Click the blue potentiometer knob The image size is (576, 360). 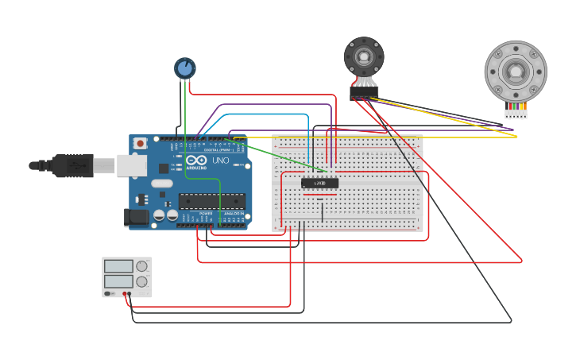pyautogui.click(x=184, y=68)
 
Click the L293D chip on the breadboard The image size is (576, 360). pyautogui.click(x=319, y=184)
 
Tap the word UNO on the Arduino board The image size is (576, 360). pyautogui.click(x=221, y=161)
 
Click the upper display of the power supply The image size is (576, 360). pyautogui.click(x=118, y=266)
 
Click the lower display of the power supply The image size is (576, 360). pyautogui.click(x=118, y=281)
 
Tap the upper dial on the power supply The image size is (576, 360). pyautogui.click(x=141, y=266)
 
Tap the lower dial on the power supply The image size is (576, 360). pyautogui.click(x=141, y=281)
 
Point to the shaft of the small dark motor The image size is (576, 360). pyautogui.click(x=364, y=56)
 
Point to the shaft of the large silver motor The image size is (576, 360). pyautogui.click(x=516, y=72)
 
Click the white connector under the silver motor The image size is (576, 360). pyautogui.click(x=516, y=114)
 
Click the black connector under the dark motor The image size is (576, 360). pyautogui.click(x=363, y=93)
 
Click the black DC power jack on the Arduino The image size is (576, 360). pyautogui.click(x=136, y=216)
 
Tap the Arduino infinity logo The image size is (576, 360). pyautogui.click(x=196, y=161)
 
